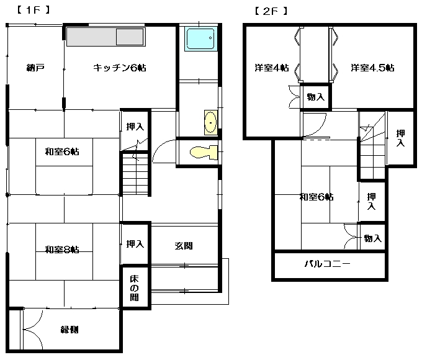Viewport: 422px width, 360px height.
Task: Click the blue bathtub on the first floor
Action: tap(201, 38)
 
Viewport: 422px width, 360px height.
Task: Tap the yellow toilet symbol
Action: tap(204, 153)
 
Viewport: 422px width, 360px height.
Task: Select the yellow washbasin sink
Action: tap(211, 122)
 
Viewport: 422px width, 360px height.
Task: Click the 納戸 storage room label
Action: tap(35, 67)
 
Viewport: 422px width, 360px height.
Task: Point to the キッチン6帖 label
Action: tap(120, 68)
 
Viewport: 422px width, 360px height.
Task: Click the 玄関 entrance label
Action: tap(184, 246)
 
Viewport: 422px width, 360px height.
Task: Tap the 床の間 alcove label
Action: tap(134, 288)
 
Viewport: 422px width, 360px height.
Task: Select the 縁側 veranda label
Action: tap(70, 330)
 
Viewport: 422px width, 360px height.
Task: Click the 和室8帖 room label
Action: tap(62, 250)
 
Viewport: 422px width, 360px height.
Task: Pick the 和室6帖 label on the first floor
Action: tap(62, 151)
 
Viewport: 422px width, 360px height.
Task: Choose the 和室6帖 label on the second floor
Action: tap(316, 197)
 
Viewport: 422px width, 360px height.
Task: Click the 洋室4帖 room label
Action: tap(272, 68)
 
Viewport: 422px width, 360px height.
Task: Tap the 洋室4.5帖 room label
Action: tap(373, 68)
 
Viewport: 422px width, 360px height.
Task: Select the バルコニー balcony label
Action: tap(328, 264)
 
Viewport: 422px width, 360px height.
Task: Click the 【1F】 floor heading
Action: tap(34, 10)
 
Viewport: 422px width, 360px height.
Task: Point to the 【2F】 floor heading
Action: tap(271, 11)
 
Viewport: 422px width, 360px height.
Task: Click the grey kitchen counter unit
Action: tap(106, 37)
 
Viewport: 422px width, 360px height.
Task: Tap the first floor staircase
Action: tap(136, 174)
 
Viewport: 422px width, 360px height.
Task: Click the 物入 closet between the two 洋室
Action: tap(316, 96)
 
